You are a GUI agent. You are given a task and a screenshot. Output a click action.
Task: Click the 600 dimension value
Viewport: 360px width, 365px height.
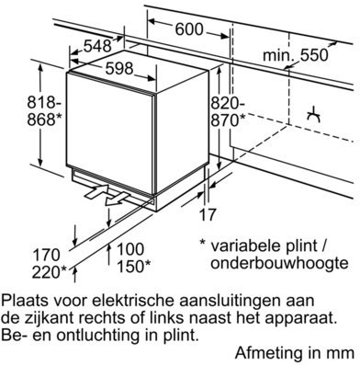[189, 29]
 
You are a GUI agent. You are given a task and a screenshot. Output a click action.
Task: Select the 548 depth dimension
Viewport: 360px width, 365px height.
[97, 46]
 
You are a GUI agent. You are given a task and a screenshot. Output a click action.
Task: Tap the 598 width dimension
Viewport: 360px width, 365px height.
[119, 68]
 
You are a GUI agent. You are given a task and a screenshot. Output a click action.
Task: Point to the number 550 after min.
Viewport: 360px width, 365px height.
[314, 55]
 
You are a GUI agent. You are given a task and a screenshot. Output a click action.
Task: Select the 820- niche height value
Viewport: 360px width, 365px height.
[228, 103]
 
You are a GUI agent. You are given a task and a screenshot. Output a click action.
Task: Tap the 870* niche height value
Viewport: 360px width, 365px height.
[228, 120]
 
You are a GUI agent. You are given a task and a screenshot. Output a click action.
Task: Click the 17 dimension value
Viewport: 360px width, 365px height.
[208, 214]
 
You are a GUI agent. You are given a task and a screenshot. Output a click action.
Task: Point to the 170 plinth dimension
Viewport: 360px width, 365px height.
[46, 255]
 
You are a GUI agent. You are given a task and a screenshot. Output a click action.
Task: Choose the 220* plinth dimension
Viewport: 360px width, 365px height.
[50, 272]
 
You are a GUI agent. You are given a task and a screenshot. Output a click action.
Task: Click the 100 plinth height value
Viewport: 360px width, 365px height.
[130, 249]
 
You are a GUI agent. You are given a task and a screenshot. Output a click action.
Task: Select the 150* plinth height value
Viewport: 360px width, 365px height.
[134, 266]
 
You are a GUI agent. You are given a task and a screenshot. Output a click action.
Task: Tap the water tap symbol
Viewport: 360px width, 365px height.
[314, 115]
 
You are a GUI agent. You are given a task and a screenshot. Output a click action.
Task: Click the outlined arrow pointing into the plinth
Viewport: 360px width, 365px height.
[96, 192]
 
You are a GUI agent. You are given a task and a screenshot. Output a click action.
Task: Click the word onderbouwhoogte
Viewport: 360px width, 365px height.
[279, 263]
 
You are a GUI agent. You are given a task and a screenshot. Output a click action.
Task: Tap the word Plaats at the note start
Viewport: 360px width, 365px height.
[25, 301]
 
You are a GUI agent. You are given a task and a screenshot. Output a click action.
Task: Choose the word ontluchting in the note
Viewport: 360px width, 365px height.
[96, 336]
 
